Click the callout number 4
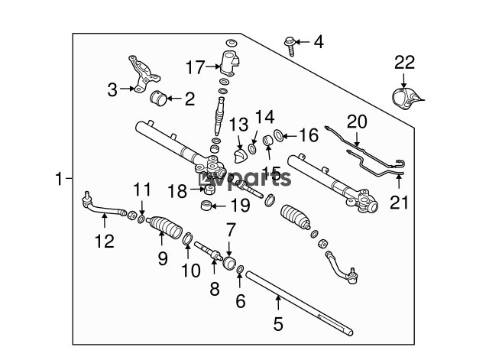click(x=319, y=42)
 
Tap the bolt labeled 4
click(x=290, y=46)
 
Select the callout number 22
click(x=404, y=63)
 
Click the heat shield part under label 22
click(x=406, y=99)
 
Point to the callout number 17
click(x=196, y=67)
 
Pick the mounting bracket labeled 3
click(x=144, y=74)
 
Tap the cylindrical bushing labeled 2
click(x=158, y=99)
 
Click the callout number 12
click(x=105, y=241)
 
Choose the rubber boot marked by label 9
click(x=164, y=226)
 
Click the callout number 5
click(x=278, y=323)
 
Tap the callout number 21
click(x=399, y=203)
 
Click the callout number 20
click(x=357, y=122)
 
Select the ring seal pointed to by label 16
click(x=279, y=135)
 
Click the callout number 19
click(x=240, y=206)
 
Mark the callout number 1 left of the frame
click(x=59, y=179)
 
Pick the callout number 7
click(x=230, y=230)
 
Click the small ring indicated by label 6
click(x=240, y=269)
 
